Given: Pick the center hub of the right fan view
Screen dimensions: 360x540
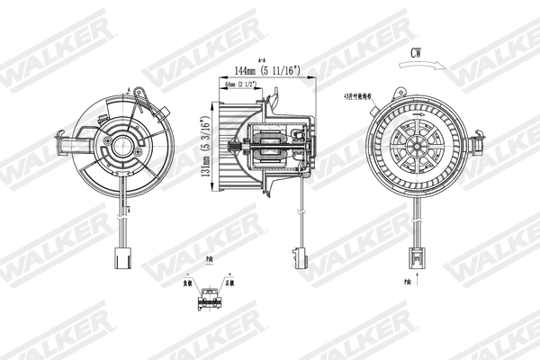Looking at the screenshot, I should pos(421,146).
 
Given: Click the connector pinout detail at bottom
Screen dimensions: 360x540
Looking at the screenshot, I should pos(211,297).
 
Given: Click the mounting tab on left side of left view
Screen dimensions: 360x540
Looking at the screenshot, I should pos(65,144).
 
